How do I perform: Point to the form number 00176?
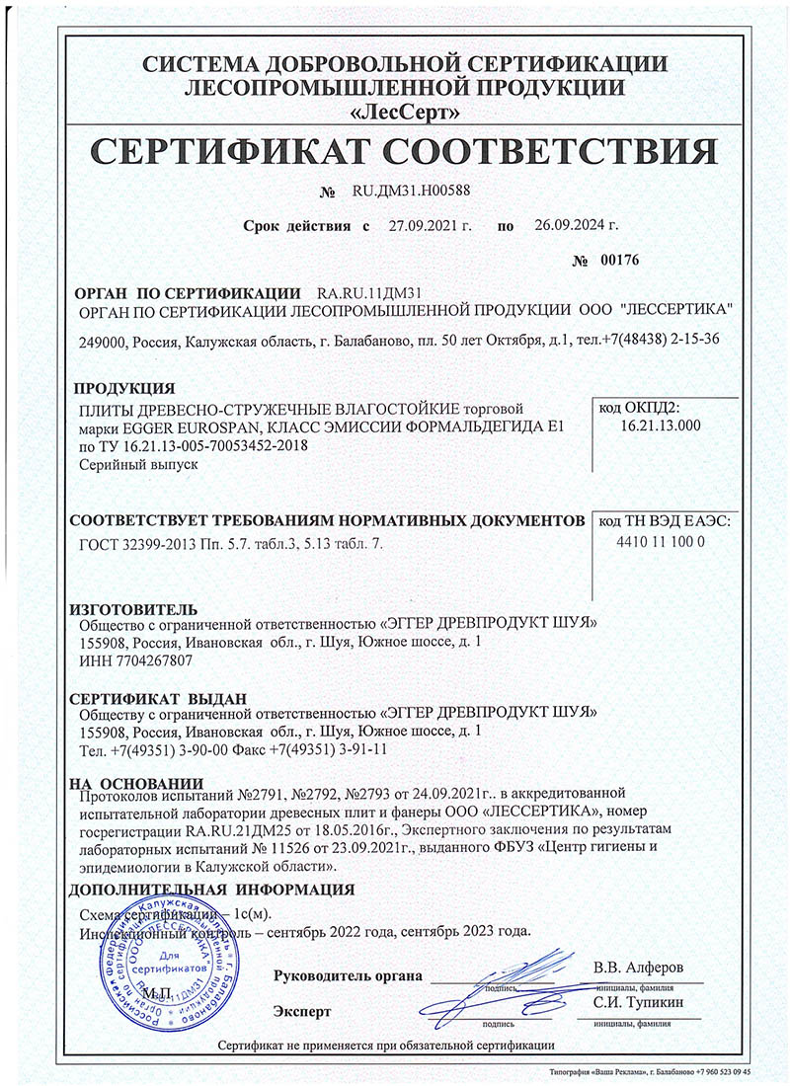[x=620, y=261]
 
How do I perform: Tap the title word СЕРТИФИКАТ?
[x=222, y=151]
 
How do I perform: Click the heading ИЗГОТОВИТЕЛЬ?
[x=135, y=607]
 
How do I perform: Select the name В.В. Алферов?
[x=637, y=967]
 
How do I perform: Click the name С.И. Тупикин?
[x=638, y=1004]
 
